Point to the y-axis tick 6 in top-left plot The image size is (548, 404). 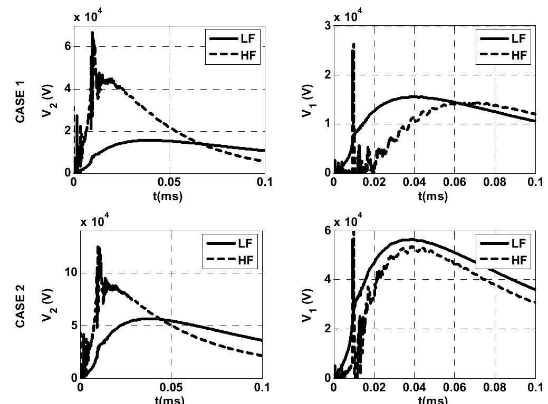point(68,46)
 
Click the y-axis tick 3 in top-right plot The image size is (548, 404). point(328,26)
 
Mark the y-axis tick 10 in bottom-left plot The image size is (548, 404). point(71,273)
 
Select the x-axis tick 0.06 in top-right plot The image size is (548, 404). point(454,182)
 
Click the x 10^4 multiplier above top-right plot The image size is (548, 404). point(344,17)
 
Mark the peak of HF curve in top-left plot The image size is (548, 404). point(92,33)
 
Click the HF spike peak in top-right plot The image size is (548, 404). point(353,45)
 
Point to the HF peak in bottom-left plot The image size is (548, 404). point(98,247)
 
